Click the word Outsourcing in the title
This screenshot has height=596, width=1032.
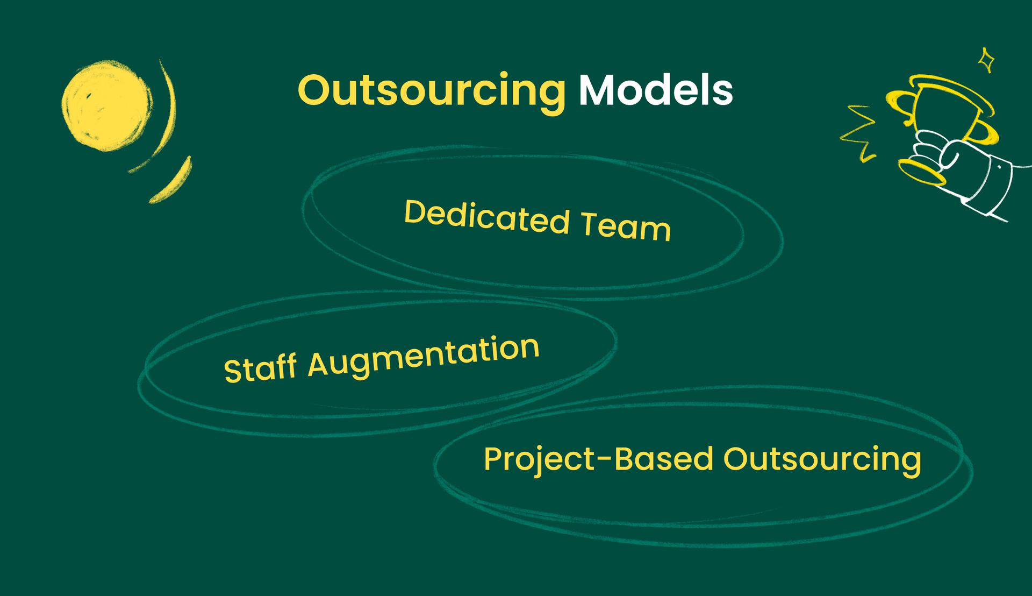(431, 90)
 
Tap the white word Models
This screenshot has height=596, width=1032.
(655, 90)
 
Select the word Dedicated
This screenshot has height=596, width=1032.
(486, 216)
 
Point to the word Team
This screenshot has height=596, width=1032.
(626, 225)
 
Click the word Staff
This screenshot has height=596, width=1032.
(260, 368)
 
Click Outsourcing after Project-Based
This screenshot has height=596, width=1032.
(822, 460)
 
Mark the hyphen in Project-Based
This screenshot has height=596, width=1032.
(604, 459)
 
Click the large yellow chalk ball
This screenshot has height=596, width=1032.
(106, 105)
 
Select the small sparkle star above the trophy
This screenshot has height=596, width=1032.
(986, 60)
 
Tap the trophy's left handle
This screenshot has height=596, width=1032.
(899, 105)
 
